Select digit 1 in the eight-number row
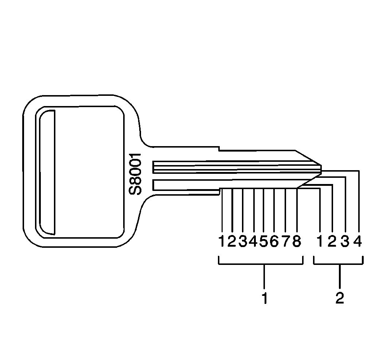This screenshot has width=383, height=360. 222,241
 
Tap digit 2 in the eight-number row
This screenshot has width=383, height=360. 232,241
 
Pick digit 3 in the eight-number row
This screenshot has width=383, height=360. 243,241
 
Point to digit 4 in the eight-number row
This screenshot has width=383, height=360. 254,241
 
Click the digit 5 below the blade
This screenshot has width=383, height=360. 264,241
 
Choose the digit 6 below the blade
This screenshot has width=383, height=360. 274,241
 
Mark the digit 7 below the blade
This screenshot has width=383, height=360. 286,241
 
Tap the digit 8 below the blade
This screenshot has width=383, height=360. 297,241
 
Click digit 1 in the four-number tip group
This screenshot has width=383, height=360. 320,241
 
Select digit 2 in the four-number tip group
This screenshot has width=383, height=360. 332,241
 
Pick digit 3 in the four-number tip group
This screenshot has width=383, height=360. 345,241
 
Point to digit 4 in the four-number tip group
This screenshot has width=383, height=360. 358,241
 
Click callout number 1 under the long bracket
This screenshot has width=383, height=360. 265,298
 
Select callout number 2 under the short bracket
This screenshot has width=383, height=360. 339,298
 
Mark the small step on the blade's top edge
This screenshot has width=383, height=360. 219,148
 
